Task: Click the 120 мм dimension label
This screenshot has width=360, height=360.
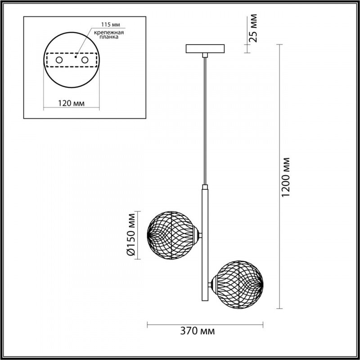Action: pos(71,103)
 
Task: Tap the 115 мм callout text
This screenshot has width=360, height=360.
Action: pos(111,25)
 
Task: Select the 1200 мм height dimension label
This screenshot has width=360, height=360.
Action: pos(286,177)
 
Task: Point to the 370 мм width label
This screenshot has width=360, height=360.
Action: pos(198,331)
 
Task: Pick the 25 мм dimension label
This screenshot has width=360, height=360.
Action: pos(253,28)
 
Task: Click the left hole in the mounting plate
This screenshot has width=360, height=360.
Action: pos(59,60)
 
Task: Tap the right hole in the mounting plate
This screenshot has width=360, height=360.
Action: pos(85,60)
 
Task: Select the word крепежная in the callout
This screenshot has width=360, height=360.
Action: pos(109,32)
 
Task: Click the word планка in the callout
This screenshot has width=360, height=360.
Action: pos(109,37)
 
